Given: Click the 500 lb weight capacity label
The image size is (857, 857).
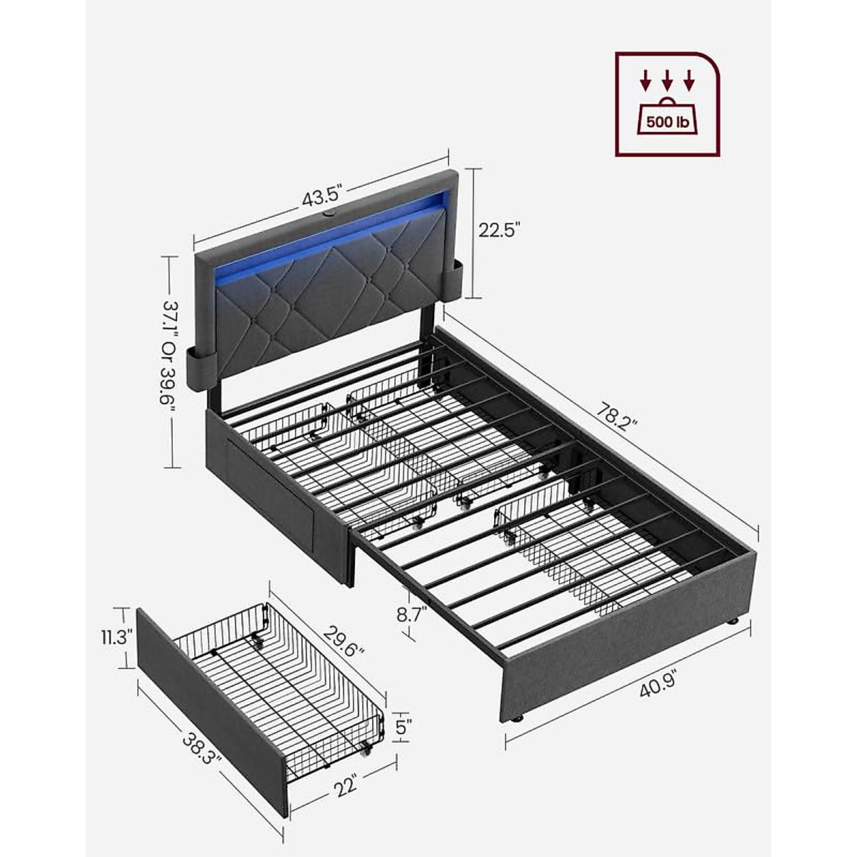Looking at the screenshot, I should pos(668,122).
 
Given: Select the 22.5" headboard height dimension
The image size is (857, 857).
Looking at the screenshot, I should pos(499,230).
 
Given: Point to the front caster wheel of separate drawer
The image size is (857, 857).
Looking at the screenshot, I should pos(367,750).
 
